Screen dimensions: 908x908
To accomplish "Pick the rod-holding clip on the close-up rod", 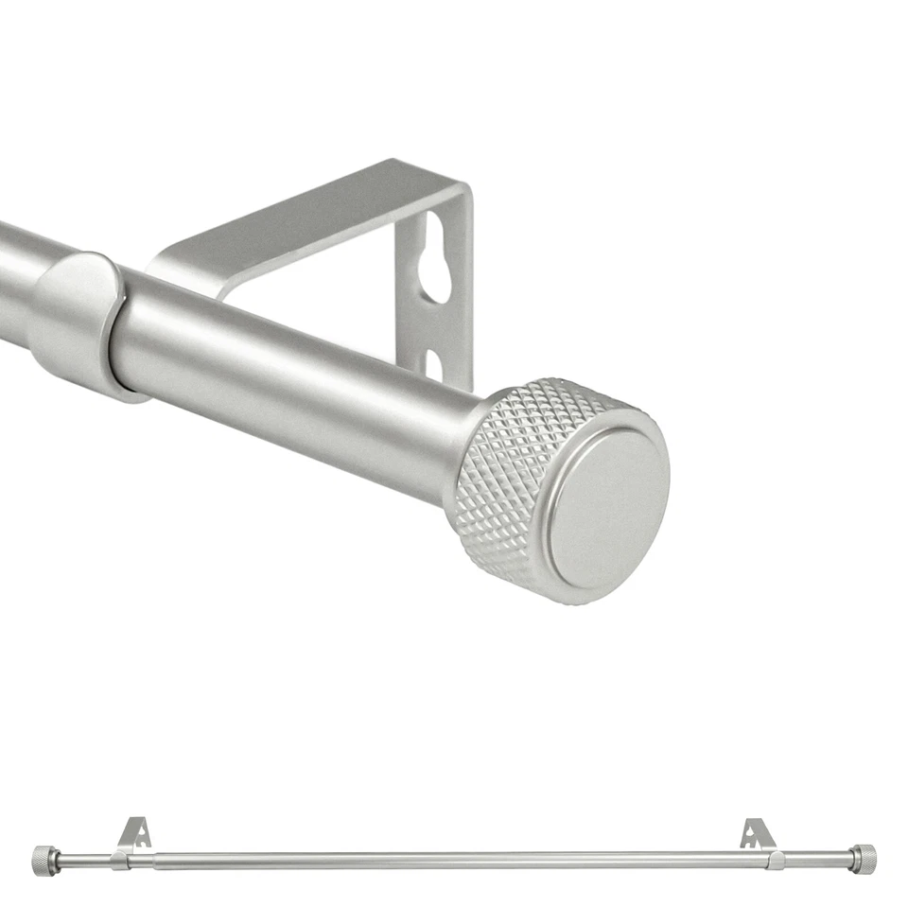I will pyautogui.click(x=80, y=322).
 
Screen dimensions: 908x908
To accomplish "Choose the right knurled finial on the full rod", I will pyautogui.click(x=863, y=859).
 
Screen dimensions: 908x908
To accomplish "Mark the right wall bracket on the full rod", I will pyautogui.click(x=758, y=834).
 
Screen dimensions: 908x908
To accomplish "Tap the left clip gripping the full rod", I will pyautogui.click(x=119, y=860).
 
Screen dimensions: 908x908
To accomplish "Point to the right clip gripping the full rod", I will pyautogui.click(x=776, y=860).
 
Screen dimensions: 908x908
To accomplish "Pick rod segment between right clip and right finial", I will pyautogui.click(x=817, y=860).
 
